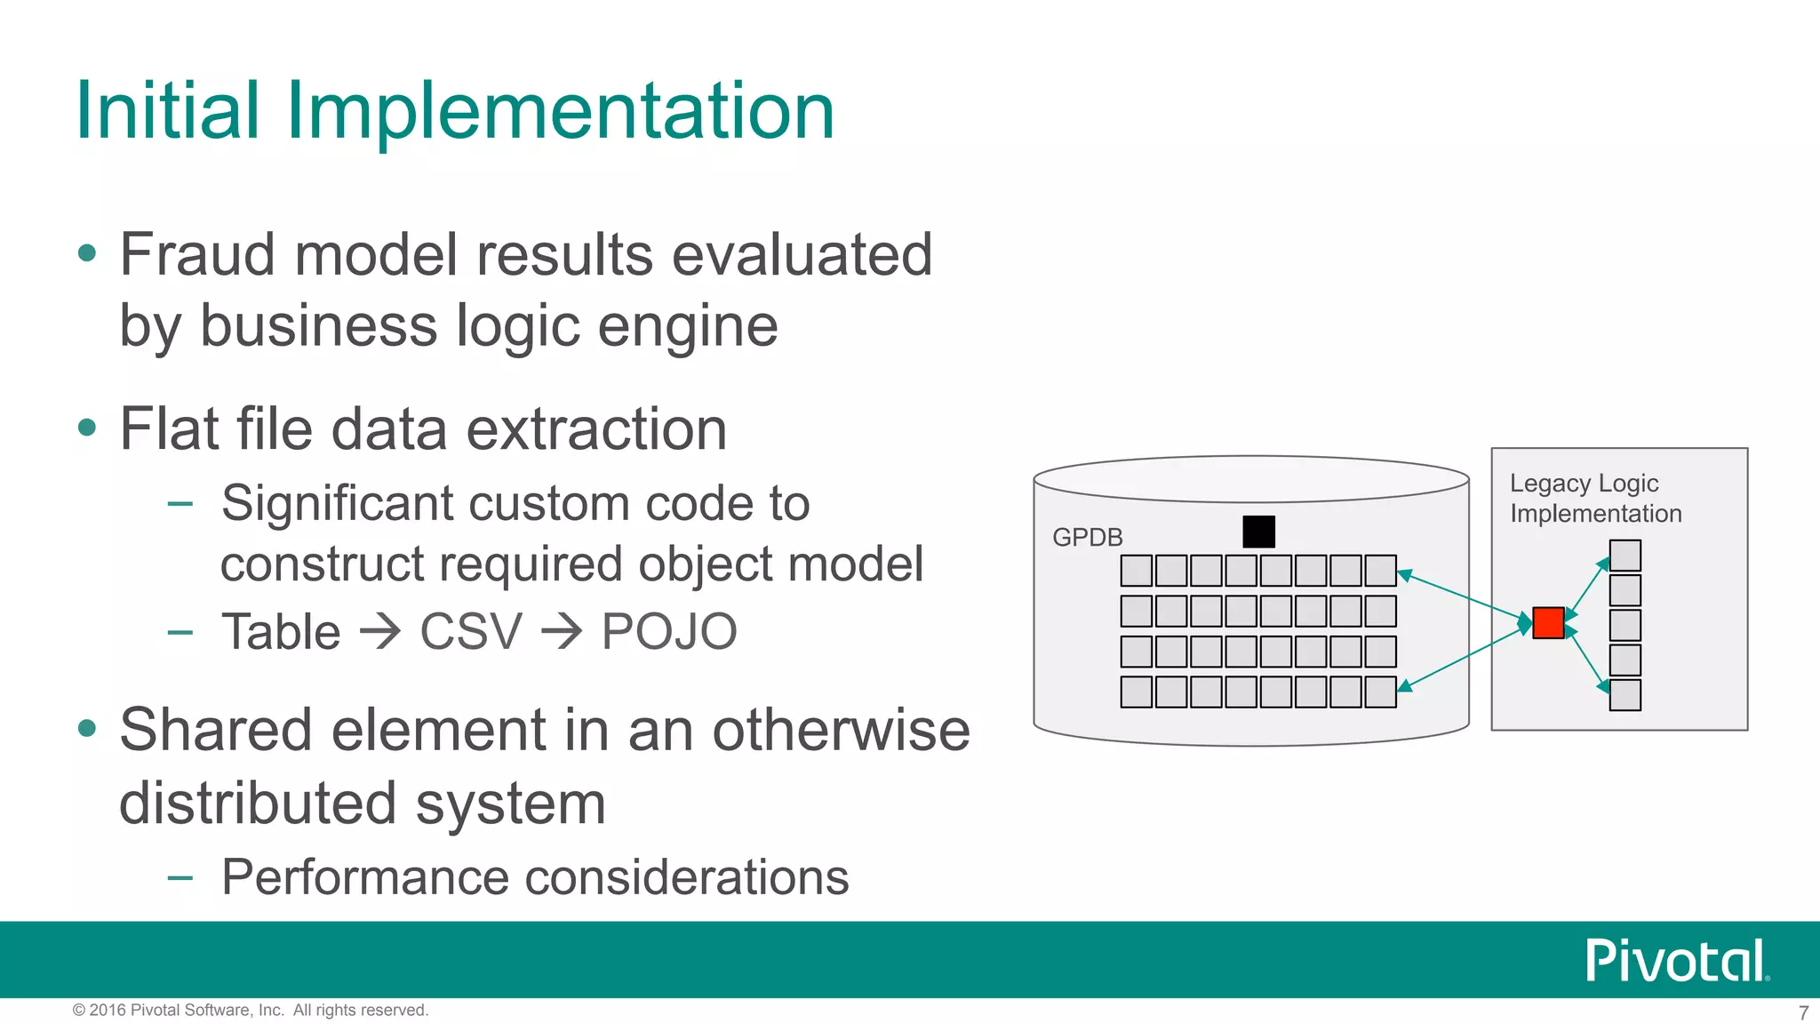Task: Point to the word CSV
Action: (470, 632)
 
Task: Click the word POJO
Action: (669, 632)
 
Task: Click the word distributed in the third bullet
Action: (259, 804)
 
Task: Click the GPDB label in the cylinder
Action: (1087, 538)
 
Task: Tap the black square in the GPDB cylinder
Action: (1258, 532)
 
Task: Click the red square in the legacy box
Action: (1548, 623)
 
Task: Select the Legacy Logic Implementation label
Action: (1595, 499)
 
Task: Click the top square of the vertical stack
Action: (1624, 556)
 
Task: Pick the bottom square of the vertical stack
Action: (1624, 695)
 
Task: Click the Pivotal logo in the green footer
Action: (1676, 960)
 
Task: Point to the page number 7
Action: (1803, 1012)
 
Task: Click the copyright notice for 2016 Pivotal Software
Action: (250, 1011)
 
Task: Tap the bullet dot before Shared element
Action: (87, 730)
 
